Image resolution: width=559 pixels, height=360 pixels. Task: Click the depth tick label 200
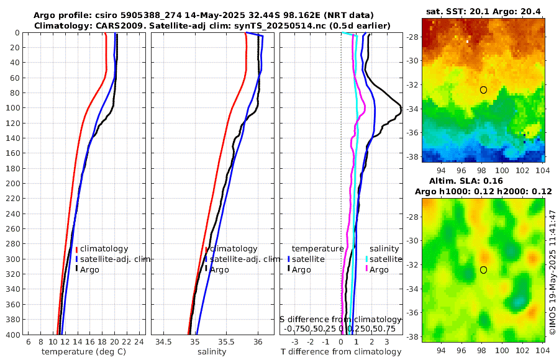(x=12, y=184)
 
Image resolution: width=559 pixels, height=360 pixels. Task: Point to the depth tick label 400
(x=12, y=335)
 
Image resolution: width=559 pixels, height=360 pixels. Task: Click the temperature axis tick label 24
(x=139, y=343)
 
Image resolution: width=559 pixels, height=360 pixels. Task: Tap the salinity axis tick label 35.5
(x=226, y=343)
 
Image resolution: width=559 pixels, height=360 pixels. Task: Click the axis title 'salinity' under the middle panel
(x=211, y=352)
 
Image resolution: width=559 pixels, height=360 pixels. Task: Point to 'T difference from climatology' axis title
(x=342, y=352)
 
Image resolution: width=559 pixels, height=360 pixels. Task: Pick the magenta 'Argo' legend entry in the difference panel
(x=379, y=269)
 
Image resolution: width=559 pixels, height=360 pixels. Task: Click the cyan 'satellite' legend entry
(x=385, y=259)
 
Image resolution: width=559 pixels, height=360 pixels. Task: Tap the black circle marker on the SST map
(x=483, y=90)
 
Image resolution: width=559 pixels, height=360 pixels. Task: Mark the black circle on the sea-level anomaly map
(x=483, y=269)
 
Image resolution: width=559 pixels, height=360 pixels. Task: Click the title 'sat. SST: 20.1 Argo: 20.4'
(x=483, y=11)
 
